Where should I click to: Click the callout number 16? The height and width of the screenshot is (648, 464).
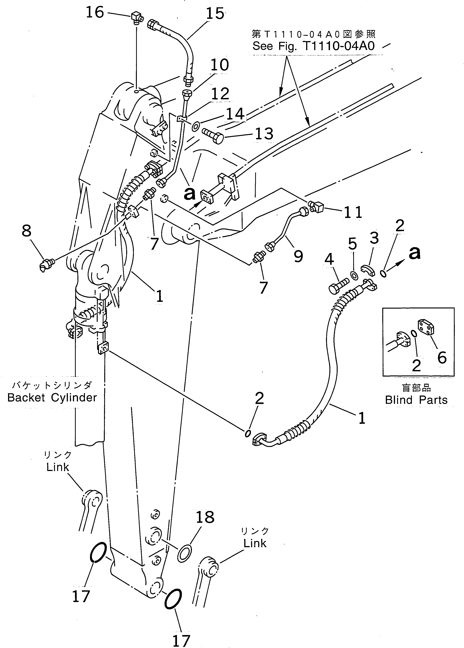95,13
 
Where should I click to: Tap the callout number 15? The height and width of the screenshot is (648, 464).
215,14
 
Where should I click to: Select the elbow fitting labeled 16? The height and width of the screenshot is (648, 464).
136,18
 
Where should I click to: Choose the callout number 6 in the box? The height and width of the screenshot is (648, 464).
442,357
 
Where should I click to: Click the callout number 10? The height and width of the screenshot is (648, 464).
220,65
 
